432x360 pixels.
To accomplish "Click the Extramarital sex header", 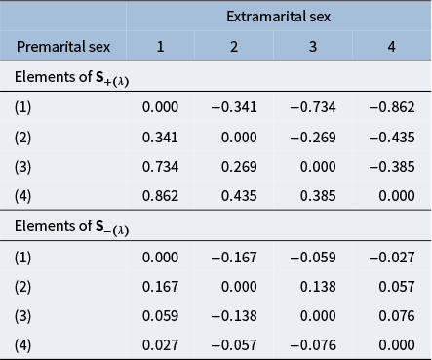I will coord(278,17).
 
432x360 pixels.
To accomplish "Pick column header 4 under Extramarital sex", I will coord(393,46).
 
